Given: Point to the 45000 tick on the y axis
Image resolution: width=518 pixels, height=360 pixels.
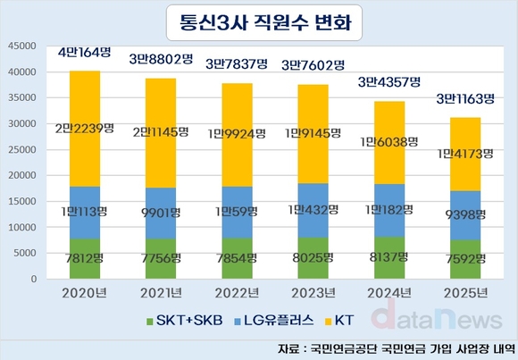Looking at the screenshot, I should (20, 46).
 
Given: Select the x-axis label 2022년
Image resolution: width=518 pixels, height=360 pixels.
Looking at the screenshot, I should (230, 293).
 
